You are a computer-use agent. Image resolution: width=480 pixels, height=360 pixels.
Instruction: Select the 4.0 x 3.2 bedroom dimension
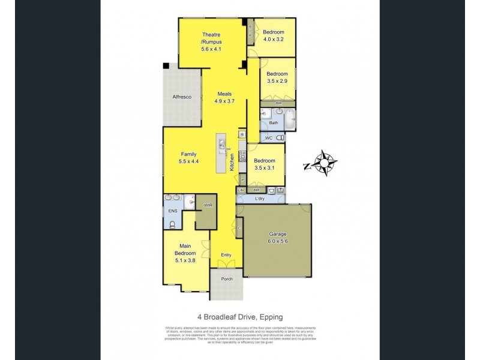coord(273,39)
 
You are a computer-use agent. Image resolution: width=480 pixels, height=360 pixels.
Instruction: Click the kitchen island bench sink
coord(222,145)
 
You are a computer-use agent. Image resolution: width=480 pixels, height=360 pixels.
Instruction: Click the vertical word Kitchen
coord(232,163)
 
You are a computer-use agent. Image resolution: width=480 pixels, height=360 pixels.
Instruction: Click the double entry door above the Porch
coord(226,266)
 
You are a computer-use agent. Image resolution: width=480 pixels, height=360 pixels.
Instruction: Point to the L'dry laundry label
coord(260,198)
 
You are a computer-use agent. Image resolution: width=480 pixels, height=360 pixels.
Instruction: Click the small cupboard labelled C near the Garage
coord(239,228)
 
